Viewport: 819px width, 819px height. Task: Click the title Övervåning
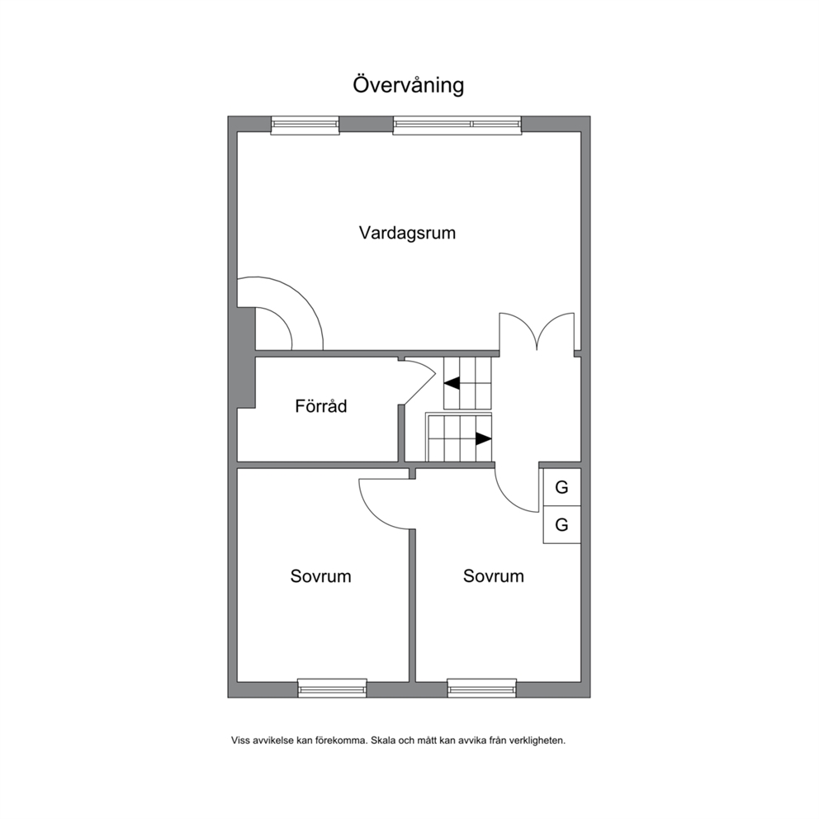point(409,86)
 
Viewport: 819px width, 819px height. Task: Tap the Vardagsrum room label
point(407,233)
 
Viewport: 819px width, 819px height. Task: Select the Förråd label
point(320,406)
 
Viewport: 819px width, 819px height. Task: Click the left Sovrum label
point(320,576)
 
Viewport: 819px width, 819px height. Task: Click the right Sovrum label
point(494,576)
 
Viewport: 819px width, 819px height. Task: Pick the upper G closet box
point(562,487)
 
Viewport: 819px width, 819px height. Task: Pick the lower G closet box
point(562,524)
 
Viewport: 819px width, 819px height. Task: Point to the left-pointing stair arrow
point(452,383)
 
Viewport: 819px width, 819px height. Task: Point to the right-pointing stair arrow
point(484,439)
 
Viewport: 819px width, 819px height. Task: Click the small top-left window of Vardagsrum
point(305,125)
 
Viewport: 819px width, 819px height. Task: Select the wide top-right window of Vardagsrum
point(457,125)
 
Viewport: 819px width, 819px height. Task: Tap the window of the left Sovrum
point(332,689)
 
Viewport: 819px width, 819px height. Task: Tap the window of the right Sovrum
point(481,689)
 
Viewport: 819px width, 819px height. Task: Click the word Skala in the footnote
point(383,740)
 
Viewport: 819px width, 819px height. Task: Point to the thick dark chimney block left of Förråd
point(246,357)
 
